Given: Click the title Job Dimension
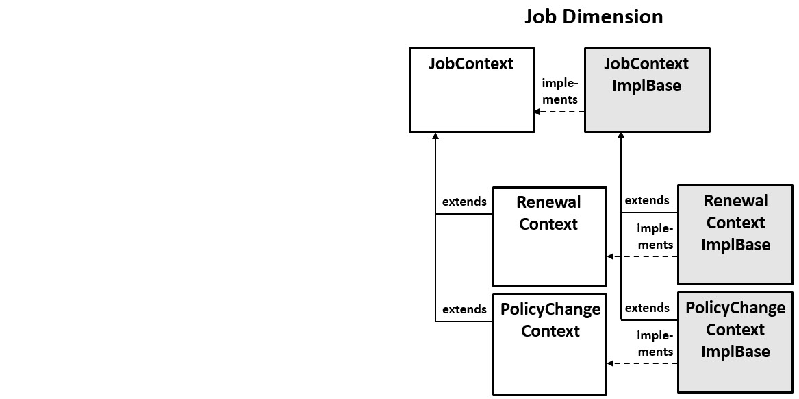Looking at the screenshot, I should [x=594, y=16].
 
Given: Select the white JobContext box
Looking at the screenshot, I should [x=472, y=90].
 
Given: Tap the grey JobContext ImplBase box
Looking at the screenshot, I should [x=646, y=90].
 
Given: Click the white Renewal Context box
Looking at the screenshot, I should [x=549, y=237].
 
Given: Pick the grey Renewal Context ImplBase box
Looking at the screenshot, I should [x=735, y=234].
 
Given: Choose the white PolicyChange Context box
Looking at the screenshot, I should [x=550, y=346].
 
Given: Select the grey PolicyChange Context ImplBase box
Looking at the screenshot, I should [x=735, y=341].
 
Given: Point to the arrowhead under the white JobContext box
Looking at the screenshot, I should [x=435, y=136].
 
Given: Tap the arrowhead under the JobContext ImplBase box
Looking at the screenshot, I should [x=621, y=136].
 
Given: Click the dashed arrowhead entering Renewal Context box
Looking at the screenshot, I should [x=611, y=256].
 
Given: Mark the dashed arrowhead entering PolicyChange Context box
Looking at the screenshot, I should [x=611, y=363].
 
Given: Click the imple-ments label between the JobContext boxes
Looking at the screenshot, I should [x=559, y=91].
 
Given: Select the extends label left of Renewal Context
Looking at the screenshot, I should [x=464, y=202].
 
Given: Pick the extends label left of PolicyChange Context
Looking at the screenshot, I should [x=464, y=309].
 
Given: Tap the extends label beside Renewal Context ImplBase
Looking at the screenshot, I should [x=647, y=200].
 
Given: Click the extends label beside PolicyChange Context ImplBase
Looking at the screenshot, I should [x=647, y=308].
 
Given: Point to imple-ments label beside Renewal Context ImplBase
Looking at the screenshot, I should [x=655, y=237].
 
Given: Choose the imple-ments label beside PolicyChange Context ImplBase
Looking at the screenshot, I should [x=655, y=343].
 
